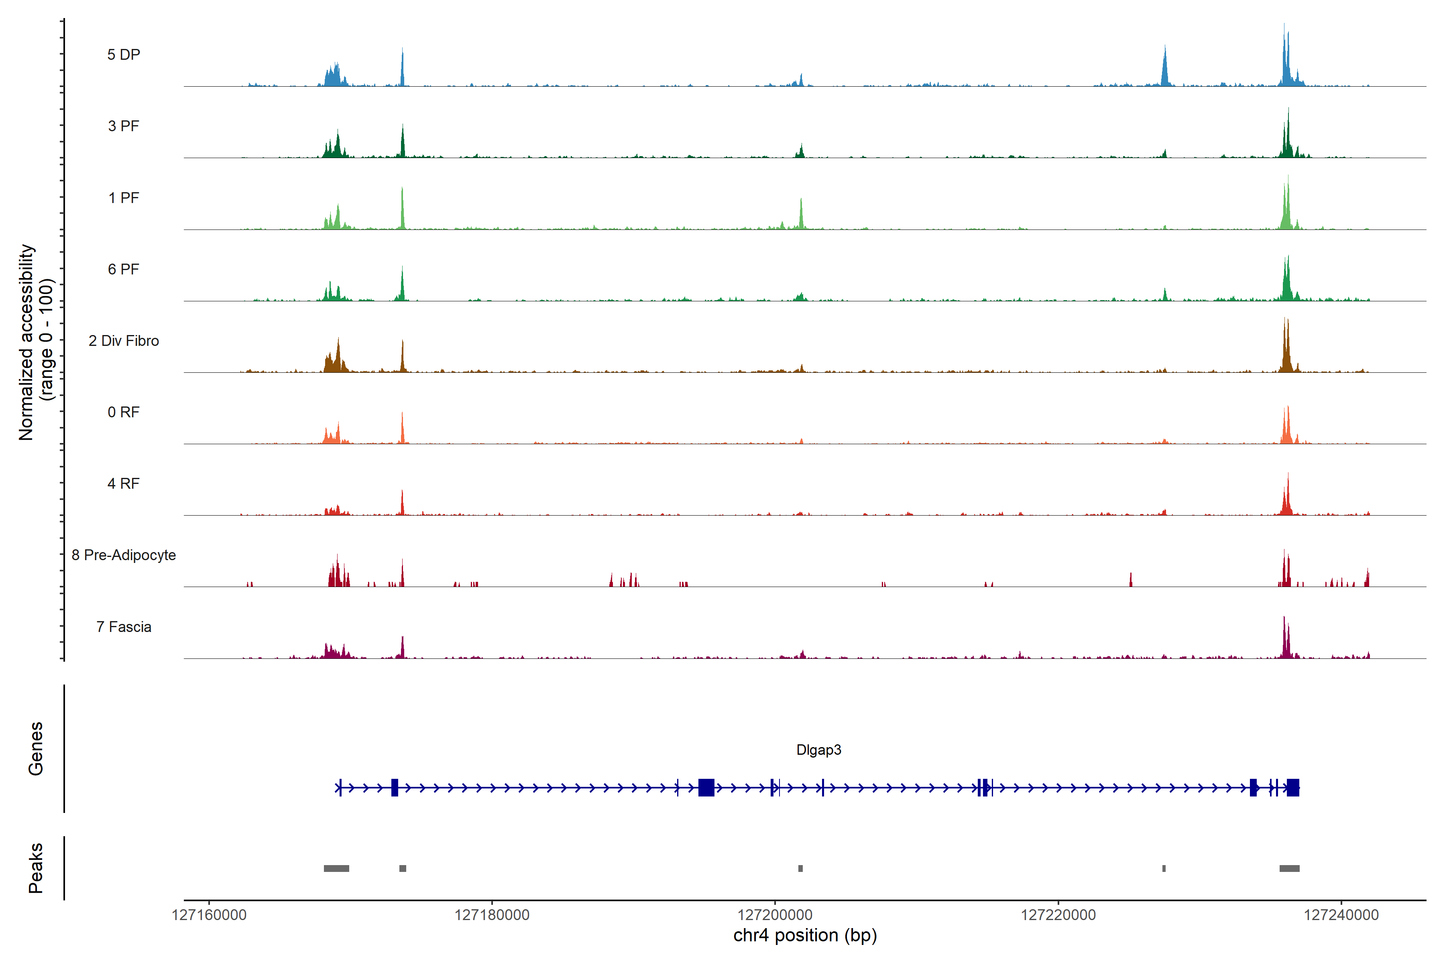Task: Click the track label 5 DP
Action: (x=124, y=55)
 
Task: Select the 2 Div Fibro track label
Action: (x=124, y=341)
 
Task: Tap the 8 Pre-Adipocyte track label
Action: (x=124, y=555)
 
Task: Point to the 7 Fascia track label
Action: (x=124, y=627)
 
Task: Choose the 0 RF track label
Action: (x=124, y=412)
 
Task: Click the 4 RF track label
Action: (x=124, y=484)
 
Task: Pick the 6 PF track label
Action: (x=124, y=270)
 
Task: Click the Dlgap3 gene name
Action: (x=818, y=750)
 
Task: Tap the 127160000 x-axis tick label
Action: (x=209, y=915)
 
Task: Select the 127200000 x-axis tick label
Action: (x=775, y=915)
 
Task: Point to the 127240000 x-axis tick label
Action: (x=1341, y=915)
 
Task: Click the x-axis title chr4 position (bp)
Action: (x=805, y=935)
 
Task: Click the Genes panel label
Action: (x=36, y=749)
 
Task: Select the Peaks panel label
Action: (x=36, y=868)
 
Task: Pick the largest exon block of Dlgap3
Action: (x=706, y=787)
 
